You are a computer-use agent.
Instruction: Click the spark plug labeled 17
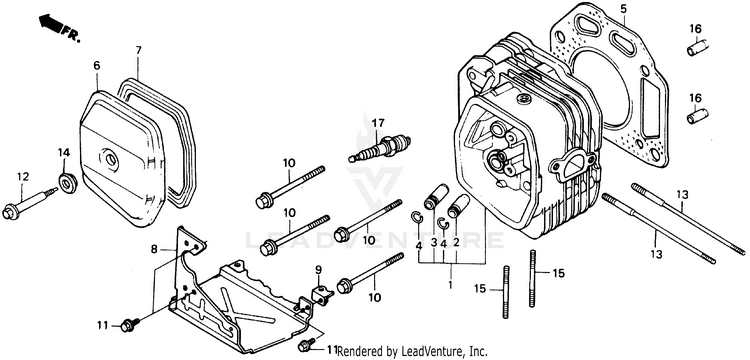point(380,147)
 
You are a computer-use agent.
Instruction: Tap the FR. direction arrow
point(52,23)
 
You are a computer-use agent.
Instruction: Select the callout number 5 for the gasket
point(623,8)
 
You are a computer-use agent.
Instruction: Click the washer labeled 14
point(68,183)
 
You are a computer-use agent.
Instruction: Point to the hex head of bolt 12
point(10,212)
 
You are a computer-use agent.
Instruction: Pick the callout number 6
point(97,65)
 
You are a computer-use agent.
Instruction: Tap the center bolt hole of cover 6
point(110,160)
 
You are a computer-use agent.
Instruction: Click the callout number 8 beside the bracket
point(154,249)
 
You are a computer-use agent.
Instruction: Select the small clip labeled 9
point(320,294)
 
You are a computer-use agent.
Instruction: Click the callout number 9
point(318,270)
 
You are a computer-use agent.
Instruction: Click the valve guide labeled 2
point(458,206)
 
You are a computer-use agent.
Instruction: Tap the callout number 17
point(378,123)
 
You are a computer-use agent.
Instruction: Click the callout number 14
point(64,153)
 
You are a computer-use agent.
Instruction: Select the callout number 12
point(22,177)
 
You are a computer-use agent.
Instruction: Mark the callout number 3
point(433,242)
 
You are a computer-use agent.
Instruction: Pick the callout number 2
point(456,242)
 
